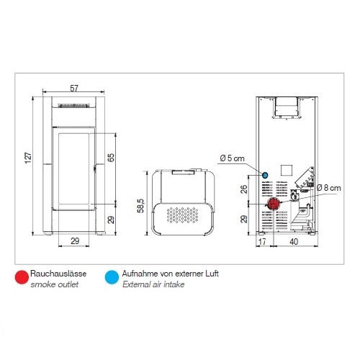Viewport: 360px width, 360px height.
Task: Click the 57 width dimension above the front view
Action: click(74, 89)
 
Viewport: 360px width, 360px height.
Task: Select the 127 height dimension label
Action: click(28, 158)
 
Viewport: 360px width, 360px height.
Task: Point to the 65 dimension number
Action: click(111, 158)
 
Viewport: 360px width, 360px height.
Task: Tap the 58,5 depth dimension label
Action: click(140, 206)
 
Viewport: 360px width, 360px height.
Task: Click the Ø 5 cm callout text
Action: click(232, 158)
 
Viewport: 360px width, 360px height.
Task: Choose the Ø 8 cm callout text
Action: click(328, 188)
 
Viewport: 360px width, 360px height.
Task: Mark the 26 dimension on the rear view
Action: click(243, 189)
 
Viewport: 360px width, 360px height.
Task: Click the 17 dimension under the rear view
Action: click(262, 241)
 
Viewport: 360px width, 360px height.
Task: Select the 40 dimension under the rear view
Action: click(294, 241)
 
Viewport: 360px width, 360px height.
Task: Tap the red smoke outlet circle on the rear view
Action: click(274, 204)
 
